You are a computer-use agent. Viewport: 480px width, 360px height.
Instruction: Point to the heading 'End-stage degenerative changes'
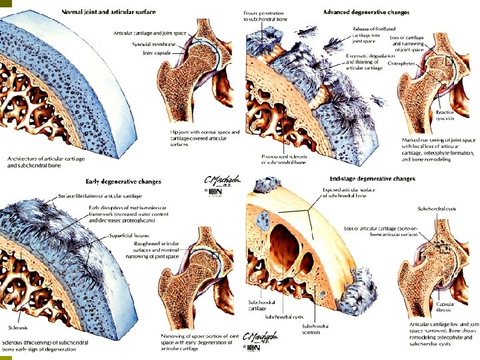coord(373,179)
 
